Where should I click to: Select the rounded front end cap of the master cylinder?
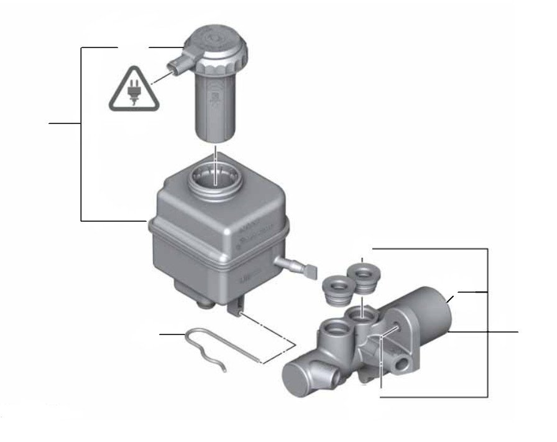(298, 377)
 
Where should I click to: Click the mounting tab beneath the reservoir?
(237, 308)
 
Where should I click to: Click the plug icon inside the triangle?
(133, 93)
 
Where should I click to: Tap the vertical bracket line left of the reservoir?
(82, 134)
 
